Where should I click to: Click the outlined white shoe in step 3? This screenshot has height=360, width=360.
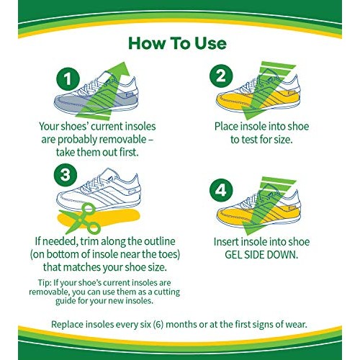(104, 186)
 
